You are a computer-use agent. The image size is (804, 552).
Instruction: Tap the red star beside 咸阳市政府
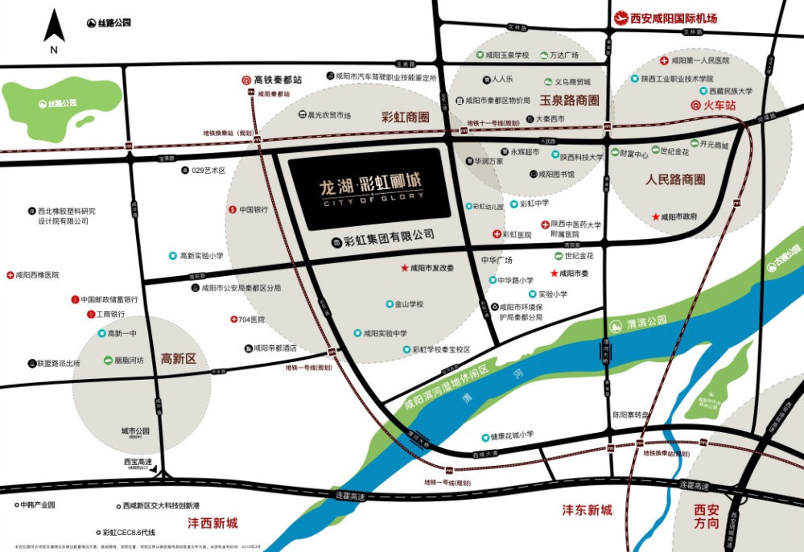(655, 216)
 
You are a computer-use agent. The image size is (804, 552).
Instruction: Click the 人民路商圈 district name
(675, 180)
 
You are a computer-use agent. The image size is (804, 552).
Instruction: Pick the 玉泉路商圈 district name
(569, 101)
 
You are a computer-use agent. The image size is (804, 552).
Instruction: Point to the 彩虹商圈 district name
(406, 117)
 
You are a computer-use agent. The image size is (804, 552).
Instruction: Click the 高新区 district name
(179, 359)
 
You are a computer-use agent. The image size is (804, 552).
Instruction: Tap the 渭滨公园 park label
(647, 325)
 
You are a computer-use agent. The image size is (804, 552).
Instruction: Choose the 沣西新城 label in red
(212, 523)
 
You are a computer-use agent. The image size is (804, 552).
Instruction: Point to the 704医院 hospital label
(251, 319)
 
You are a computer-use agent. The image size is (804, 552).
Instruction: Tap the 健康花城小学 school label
(512, 437)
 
